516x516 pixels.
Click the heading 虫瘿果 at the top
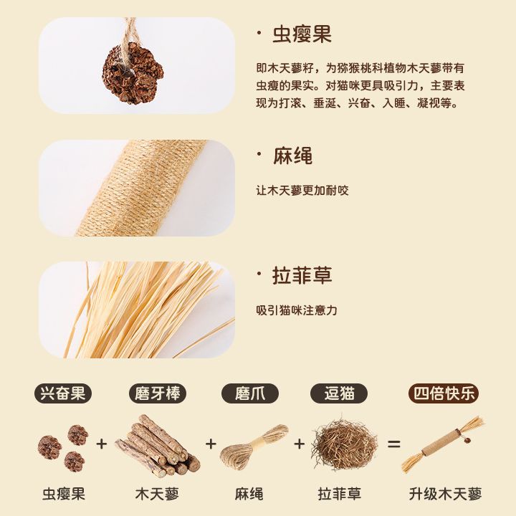(302, 34)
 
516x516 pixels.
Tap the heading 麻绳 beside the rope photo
(292, 156)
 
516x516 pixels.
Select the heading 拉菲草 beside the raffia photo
(302, 275)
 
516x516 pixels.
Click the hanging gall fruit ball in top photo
(133, 73)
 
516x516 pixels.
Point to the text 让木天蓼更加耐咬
(302, 190)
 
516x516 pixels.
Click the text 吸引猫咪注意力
(297, 310)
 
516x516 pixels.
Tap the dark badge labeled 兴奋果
(63, 393)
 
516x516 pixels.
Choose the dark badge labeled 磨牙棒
(157, 393)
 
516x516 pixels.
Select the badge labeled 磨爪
(250, 393)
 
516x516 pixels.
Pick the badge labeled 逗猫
(339, 393)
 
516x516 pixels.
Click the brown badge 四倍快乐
(444, 393)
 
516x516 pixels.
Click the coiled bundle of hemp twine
(254, 445)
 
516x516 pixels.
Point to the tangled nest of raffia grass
(345, 444)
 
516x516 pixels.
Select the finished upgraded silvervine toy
(442, 444)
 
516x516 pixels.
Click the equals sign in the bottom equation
(393, 444)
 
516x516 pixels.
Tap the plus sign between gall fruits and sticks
(102, 444)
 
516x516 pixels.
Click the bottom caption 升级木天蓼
(445, 494)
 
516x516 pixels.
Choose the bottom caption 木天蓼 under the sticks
(157, 494)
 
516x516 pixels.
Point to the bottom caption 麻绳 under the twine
(249, 494)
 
